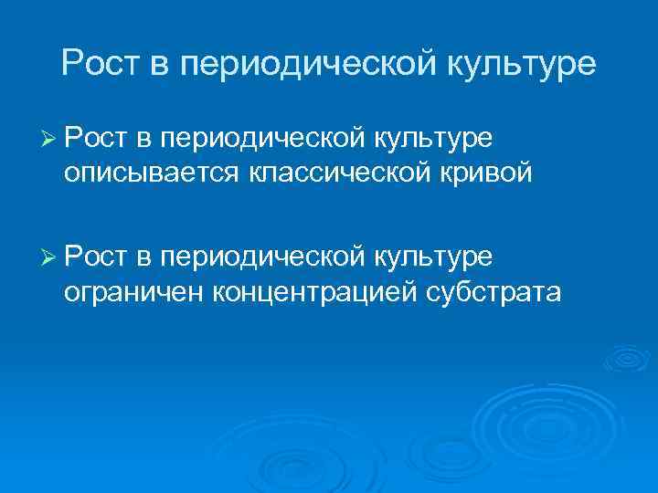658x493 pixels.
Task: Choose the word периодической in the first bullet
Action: [262, 139]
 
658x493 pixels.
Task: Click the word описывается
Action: [149, 173]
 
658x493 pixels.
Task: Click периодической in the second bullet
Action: [262, 258]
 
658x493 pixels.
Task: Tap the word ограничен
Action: [134, 292]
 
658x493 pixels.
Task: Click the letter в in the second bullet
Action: [144, 258]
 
